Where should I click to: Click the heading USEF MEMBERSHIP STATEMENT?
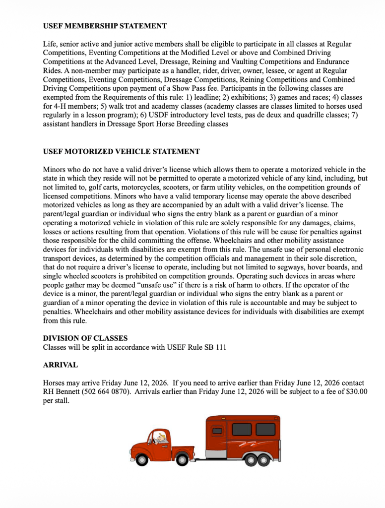tap(105, 26)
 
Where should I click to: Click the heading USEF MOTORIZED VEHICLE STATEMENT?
tap(121, 151)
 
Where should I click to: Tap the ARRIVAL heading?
tap(60, 365)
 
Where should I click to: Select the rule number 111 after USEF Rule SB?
tap(220, 347)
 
